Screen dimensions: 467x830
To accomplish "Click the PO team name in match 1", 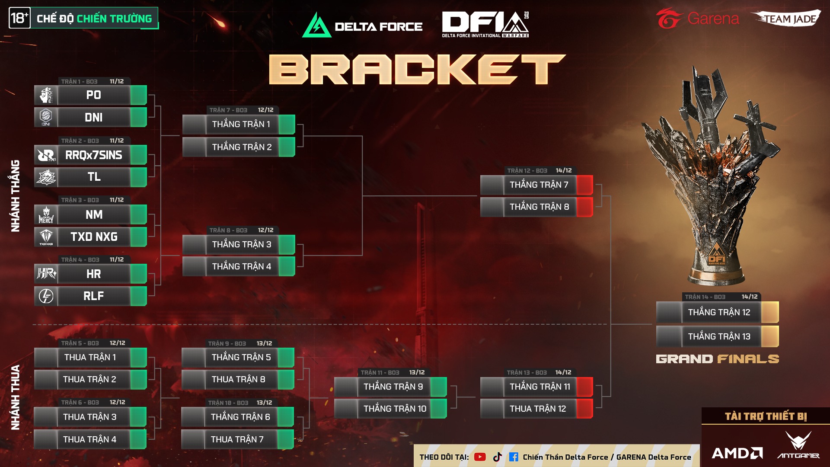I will click(x=93, y=95).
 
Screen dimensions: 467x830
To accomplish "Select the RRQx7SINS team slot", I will click(x=93, y=155).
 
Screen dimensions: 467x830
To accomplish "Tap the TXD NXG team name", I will click(x=94, y=237).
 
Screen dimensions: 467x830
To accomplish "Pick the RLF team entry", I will click(x=93, y=296).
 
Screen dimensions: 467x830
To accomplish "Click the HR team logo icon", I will click(x=46, y=274).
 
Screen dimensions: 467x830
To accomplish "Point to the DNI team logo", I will click(x=46, y=117).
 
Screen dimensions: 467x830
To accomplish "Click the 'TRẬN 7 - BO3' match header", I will click(x=228, y=110).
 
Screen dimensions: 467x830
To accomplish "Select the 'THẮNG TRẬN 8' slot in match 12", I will click(x=539, y=207).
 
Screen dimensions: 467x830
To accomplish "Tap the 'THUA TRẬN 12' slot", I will click(x=537, y=409).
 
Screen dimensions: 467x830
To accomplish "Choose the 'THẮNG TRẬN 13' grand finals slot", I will click(x=719, y=336).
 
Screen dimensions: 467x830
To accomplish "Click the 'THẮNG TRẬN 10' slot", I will click(x=395, y=409).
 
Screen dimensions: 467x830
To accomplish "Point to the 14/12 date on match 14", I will click(x=749, y=297).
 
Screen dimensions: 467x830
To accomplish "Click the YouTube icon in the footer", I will click(x=480, y=457).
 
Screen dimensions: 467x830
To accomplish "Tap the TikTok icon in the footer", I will click(x=498, y=457).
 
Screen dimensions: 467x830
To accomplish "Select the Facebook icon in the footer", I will click(x=514, y=457).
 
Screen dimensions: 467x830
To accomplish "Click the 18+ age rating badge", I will click(x=19, y=18).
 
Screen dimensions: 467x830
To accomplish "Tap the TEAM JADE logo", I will click(x=788, y=19).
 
